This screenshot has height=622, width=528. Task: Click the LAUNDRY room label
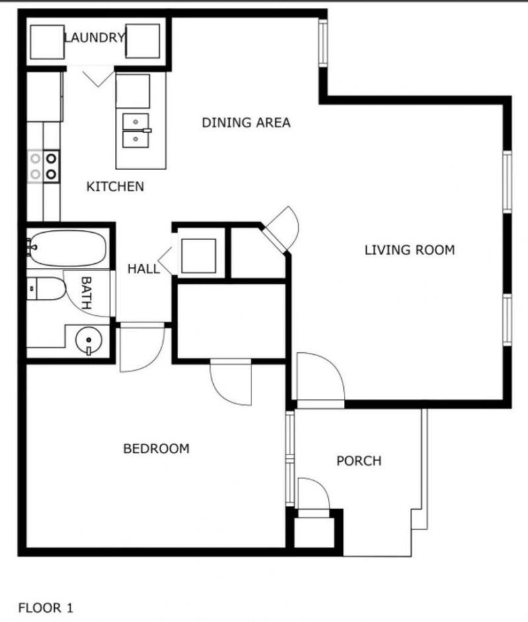point(94,38)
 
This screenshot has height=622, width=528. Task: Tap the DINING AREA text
point(246,123)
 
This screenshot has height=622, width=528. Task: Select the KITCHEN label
point(115,187)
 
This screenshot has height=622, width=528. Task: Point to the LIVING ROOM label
point(409,250)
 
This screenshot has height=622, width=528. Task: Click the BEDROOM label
point(156,449)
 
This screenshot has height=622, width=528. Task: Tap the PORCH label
point(359,460)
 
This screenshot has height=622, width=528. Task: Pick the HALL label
point(143,268)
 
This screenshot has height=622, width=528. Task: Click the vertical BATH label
point(86,294)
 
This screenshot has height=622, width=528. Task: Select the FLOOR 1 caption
point(46,607)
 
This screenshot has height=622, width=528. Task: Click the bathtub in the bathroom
point(66,248)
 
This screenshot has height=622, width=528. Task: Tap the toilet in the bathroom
point(46,289)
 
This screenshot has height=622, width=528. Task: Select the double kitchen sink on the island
point(137,131)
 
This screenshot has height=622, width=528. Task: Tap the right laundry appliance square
point(143,42)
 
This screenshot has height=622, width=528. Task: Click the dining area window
point(323,44)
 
